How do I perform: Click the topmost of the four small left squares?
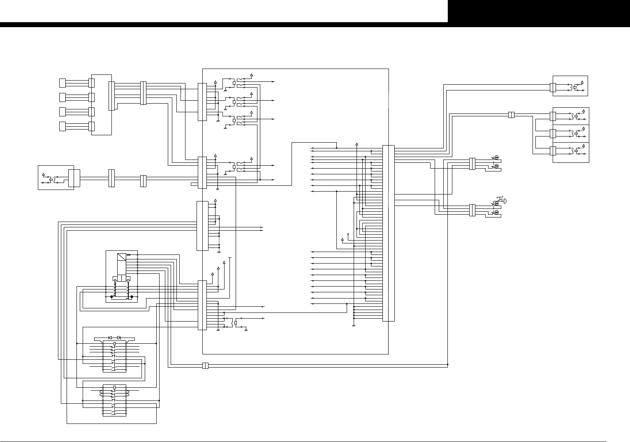tap(63, 83)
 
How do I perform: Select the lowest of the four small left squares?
tap(63, 126)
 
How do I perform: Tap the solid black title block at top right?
tap(539, 11)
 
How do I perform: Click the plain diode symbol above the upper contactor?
tap(110, 338)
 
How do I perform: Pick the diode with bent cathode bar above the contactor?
tap(119, 338)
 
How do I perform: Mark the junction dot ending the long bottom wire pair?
tap(447, 364)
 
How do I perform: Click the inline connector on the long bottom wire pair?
tap(206, 366)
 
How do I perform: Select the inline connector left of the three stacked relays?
tap(511, 115)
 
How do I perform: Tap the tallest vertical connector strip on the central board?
tap(388, 233)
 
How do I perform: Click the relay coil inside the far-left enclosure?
tap(50, 180)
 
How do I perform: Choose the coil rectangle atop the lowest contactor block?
tap(114, 387)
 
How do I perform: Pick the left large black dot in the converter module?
tap(111, 296)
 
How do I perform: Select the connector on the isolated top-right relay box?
tap(553, 87)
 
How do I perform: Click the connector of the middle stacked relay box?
tap(553, 134)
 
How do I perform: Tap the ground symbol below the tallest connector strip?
tap(354, 325)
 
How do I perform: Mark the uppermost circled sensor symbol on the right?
tap(496, 158)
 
